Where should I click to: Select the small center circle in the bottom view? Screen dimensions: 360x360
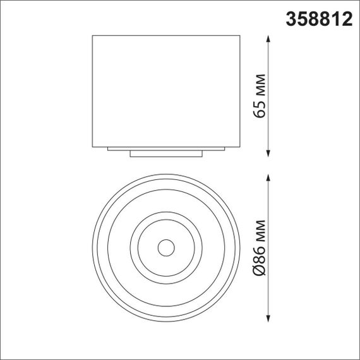(x=166, y=248)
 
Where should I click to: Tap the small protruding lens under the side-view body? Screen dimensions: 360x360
(x=166, y=153)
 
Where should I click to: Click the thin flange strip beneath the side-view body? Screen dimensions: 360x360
(x=166, y=148)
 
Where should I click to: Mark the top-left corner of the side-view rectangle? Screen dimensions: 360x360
(x=93, y=35)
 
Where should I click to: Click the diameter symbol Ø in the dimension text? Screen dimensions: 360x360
(x=258, y=273)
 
